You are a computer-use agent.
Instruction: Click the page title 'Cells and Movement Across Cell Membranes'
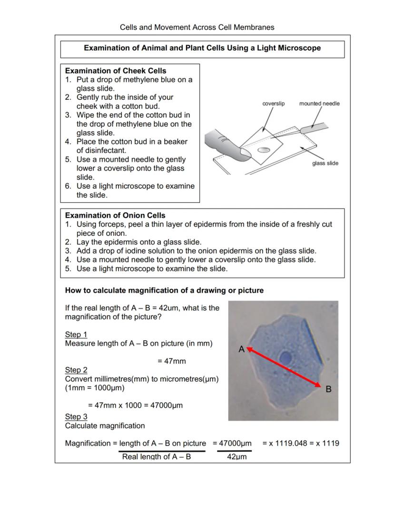[x=197, y=27]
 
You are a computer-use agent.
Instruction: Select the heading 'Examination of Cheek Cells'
[x=116, y=71]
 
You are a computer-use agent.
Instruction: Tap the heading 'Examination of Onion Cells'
[x=115, y=215]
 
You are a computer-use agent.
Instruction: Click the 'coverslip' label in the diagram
[x=273, y=104]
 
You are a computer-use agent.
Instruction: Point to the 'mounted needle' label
[x=319, y=104]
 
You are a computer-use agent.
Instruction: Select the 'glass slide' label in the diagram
[x=325, y=163]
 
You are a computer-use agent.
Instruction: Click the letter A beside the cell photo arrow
[x=241, y=349]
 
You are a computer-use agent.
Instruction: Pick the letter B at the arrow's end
[x=328, y=389]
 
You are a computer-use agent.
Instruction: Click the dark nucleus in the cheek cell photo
[x=286, y=357]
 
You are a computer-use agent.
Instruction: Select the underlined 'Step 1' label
[x=76, y=335]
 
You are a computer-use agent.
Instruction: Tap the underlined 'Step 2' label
[x=76, y=370]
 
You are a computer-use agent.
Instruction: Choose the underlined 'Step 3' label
[x=76, y=417]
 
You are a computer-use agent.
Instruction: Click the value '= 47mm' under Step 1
[x=171, y=361]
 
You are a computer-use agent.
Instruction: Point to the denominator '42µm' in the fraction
[x=234, y=457]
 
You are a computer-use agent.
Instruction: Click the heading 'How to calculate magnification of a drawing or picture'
[x=164, y=290]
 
